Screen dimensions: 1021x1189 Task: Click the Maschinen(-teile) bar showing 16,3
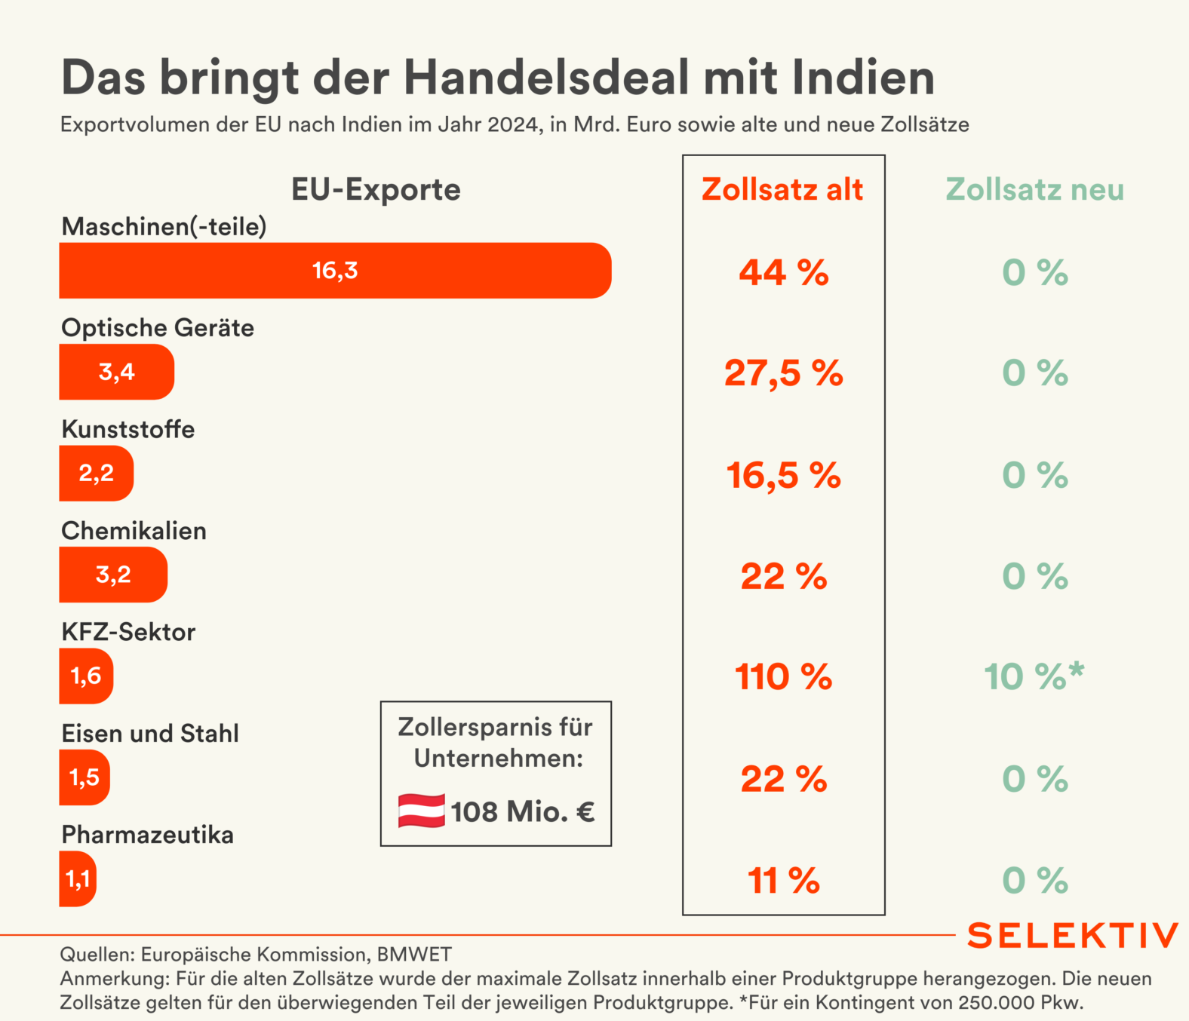335,271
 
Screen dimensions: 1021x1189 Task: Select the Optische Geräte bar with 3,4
116,372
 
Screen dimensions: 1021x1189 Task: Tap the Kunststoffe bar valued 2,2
96,474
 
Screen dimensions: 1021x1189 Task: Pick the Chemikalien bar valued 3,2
113,575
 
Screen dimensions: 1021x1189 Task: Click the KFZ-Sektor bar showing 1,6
86,676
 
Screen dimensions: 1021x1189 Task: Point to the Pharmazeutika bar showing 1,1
78,878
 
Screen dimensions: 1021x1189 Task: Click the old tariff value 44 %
783,272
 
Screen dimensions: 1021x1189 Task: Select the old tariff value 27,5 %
783,373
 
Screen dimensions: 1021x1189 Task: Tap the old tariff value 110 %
783,677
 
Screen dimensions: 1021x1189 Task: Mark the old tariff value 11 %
783,881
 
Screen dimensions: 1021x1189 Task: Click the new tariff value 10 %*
1034,676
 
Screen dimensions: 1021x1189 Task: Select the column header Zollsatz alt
782,190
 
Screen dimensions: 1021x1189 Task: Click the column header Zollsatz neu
1034,190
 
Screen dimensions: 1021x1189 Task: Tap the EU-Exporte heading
376,190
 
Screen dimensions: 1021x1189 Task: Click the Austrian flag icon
421,811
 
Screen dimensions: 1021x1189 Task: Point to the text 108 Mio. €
523,812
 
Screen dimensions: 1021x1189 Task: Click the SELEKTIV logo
1072,936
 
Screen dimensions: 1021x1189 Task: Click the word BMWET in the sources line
414,955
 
